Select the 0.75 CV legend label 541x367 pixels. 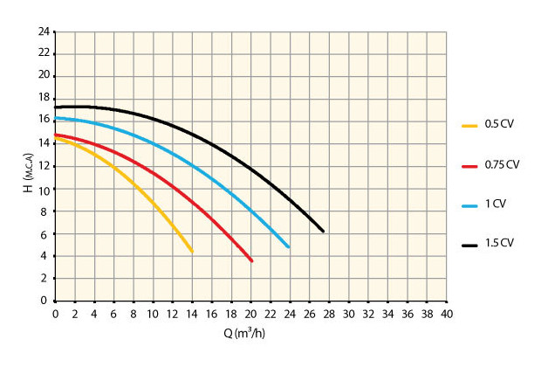(503, 164)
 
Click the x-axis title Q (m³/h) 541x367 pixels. (251, 333)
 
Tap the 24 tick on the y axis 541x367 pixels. (43, 31)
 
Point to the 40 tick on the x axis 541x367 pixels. (447, 313)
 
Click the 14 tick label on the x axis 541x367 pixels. (192, 313)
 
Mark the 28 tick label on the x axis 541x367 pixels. (329, 313)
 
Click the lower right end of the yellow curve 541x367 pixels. (191, 252)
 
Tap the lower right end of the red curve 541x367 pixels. (251, 260)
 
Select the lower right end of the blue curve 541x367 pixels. (288, 247)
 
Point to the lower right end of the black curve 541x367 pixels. (323, 231)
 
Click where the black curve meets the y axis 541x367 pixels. (56, 107)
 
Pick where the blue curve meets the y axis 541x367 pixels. (56, 118)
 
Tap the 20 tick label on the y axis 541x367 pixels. (43, 77)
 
